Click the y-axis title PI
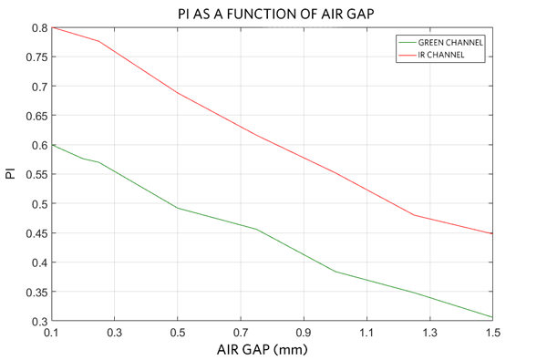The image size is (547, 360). coord(11,173)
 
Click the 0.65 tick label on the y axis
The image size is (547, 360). coord(37,116)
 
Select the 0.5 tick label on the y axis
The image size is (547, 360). coord(41,204)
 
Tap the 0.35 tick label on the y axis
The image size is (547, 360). coord(37,293)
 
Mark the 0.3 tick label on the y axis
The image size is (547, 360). coord(41,322)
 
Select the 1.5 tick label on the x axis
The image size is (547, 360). coord(492,334)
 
